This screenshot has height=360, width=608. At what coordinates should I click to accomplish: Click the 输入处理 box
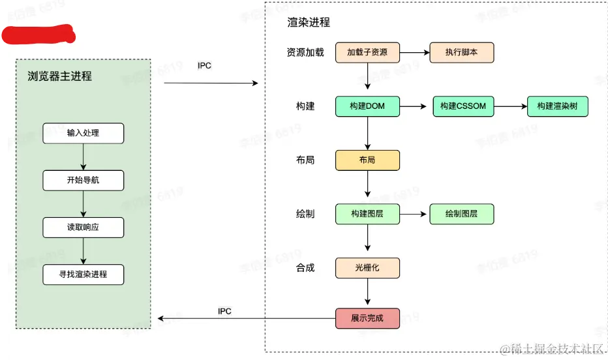point(83,134)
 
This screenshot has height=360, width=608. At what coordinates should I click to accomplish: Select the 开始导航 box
point(83,181)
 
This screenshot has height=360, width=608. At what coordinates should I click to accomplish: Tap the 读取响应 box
point(83,228)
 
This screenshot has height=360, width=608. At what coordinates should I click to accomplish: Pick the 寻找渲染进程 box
point(83,275)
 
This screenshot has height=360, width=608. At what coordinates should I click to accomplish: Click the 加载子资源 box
point(367,52)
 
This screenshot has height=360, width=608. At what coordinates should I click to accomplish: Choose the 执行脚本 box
point(461,52)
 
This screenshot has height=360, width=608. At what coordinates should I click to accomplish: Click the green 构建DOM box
point(367,106)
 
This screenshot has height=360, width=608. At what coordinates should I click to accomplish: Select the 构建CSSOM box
point(463,106)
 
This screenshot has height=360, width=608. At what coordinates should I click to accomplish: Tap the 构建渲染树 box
point(558,106)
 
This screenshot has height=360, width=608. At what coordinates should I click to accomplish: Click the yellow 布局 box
point(367,160)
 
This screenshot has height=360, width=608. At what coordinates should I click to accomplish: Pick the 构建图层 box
point(367,214)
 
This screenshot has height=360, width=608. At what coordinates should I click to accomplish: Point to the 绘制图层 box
point(461,214)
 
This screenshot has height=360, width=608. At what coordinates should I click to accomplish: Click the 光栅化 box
point(367,267)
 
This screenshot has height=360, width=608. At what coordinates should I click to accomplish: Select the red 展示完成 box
point(367,318)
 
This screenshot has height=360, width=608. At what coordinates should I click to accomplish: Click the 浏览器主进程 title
point(60,76)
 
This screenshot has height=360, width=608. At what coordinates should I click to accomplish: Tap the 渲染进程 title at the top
point(309,22)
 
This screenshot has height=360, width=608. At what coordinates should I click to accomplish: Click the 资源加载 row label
point(305,52)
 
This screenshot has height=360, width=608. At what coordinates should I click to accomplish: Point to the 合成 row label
point(305,267)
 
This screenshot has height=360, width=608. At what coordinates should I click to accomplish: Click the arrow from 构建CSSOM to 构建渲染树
point(511,106)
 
